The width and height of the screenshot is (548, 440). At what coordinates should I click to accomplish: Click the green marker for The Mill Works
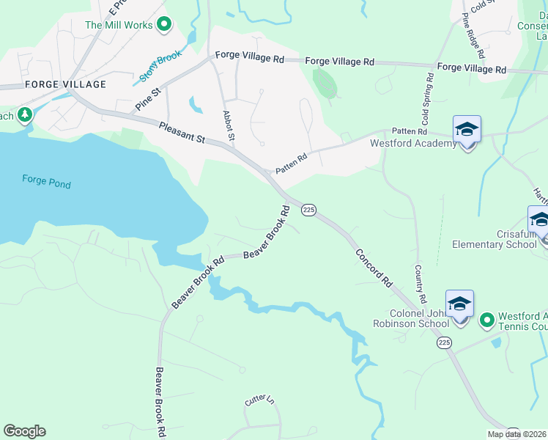click(x=165, y=25)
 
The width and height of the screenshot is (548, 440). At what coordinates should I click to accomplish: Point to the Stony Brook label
click(x=160, y=66)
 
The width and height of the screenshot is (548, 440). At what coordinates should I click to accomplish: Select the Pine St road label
click(x=147, y=100)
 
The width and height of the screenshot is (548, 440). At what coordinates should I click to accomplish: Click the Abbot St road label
click(x=228, y=126)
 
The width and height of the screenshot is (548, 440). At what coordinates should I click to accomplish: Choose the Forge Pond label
click(x=46, y=180)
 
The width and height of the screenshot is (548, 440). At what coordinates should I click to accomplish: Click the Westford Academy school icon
click(x=467, y=130)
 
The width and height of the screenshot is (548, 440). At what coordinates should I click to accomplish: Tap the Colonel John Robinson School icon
click(x=459, y=304)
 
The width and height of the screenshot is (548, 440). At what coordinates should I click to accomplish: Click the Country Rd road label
click(x=420, y=285)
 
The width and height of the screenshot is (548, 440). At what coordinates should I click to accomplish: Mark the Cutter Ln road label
click(x=259, y=400)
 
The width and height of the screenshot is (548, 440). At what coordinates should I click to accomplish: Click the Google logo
click(x=24, y=431)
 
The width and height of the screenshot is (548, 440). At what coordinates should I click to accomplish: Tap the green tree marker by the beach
click(x=24, y=116)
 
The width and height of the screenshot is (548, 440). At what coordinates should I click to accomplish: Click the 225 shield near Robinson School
click(x=443, y=342)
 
